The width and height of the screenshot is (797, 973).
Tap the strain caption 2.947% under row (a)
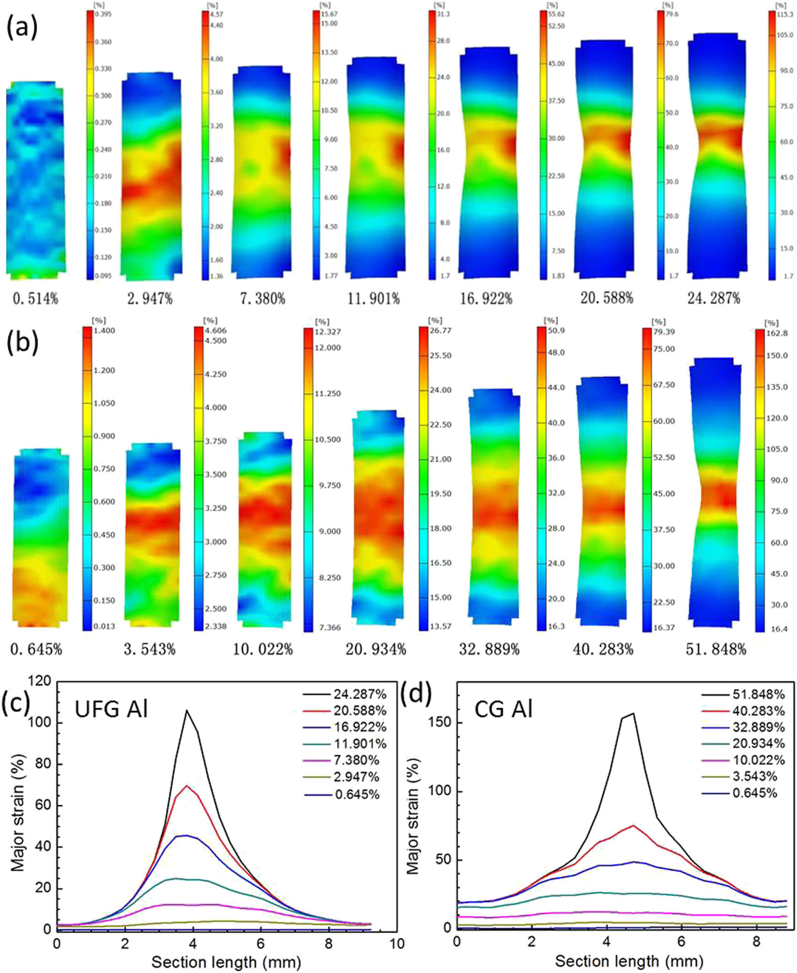pyautogui.click(x=150, y=299)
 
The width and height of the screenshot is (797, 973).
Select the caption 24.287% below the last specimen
pyautogui.click(x=714, y=299)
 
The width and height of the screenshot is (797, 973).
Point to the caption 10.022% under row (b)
pyautogui.click(x=263, y=650)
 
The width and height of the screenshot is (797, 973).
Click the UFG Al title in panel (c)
pyautogui.click(x=111, y=710)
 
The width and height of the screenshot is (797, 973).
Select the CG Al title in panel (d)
pyautogui.click(x=505, y=710)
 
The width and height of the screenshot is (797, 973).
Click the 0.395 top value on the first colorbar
pyautogui.click(x=103, y=14)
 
